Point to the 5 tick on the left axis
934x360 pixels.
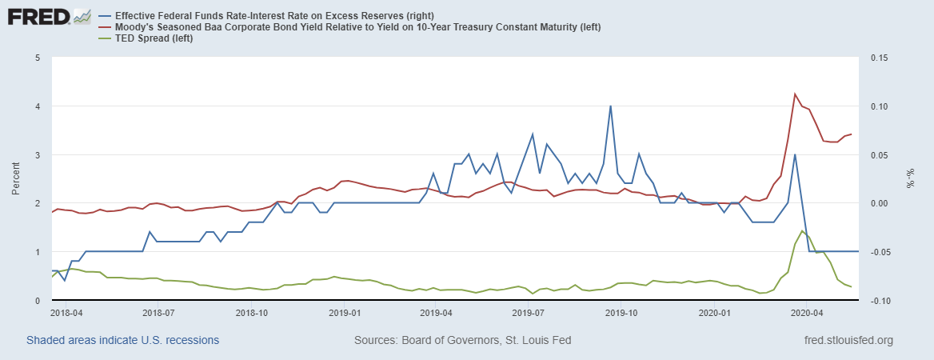tap(38, 58)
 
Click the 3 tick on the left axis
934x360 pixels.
tap(38, 154)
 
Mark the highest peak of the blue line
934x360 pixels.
tap(610, 106)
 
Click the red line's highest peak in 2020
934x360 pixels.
tap(795, 94)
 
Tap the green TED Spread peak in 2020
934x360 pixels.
tap(802, 231)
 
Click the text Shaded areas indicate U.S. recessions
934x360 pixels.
tap(122, 340)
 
